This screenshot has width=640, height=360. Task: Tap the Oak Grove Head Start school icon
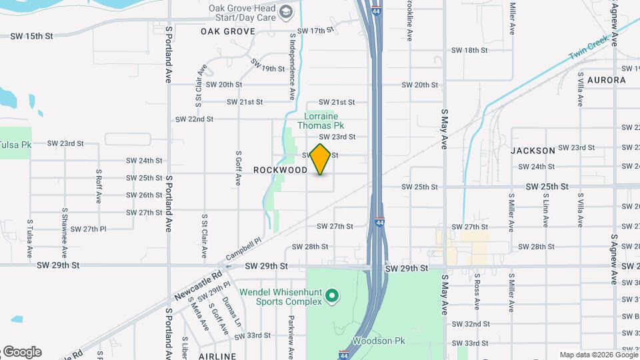286,12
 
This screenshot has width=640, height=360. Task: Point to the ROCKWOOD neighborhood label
280,170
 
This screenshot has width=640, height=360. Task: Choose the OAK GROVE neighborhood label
228,31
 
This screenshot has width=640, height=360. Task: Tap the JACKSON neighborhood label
533,151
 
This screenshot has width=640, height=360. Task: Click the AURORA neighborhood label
607,80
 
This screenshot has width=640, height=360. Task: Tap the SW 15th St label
31,35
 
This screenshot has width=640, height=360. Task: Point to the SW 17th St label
315,31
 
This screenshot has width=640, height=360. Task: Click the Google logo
21,352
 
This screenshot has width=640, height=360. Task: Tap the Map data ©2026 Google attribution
599,355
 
